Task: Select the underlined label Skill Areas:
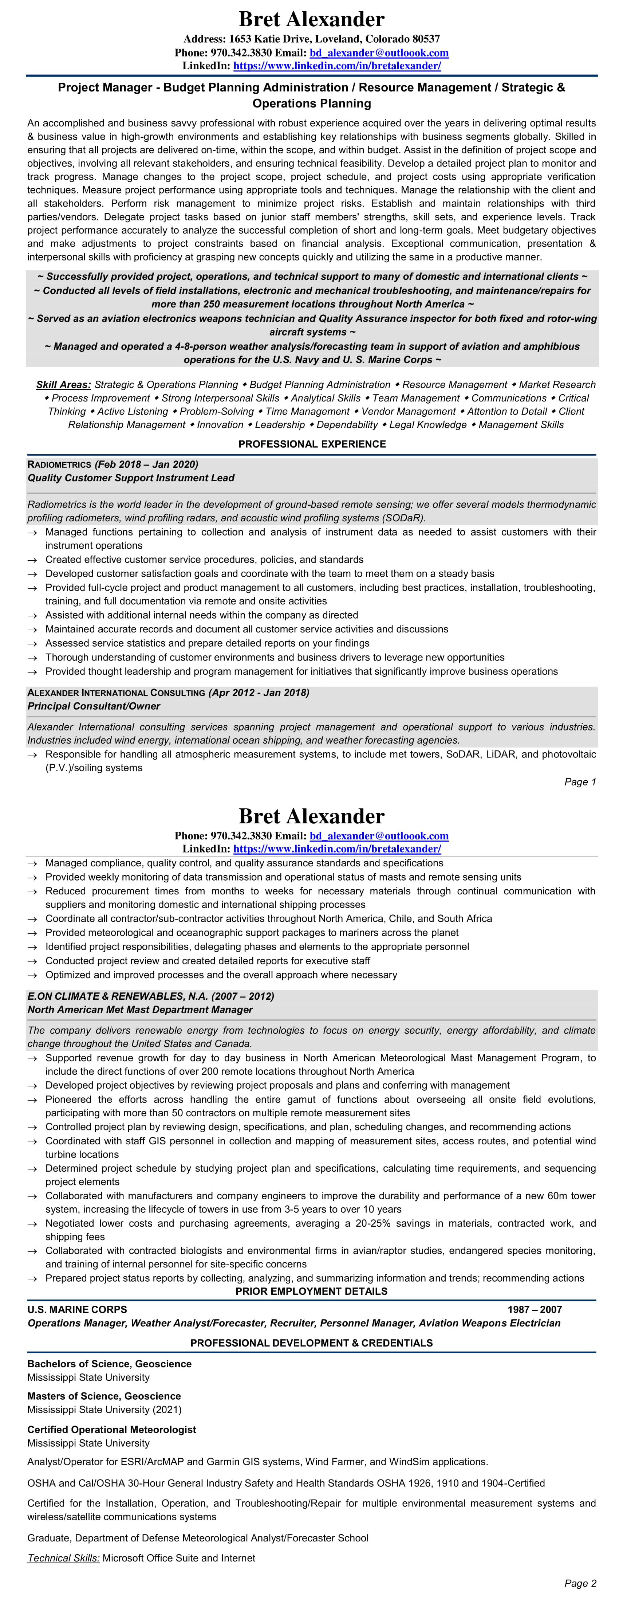[63, 385]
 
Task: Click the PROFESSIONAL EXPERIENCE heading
[312, 444]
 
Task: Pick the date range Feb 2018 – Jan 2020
[147, 464]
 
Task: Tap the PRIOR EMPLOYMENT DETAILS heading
[311, 1291]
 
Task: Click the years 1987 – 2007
[534, 1309]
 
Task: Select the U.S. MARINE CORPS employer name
[77, 1309]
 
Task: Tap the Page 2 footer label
[580, 1583]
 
